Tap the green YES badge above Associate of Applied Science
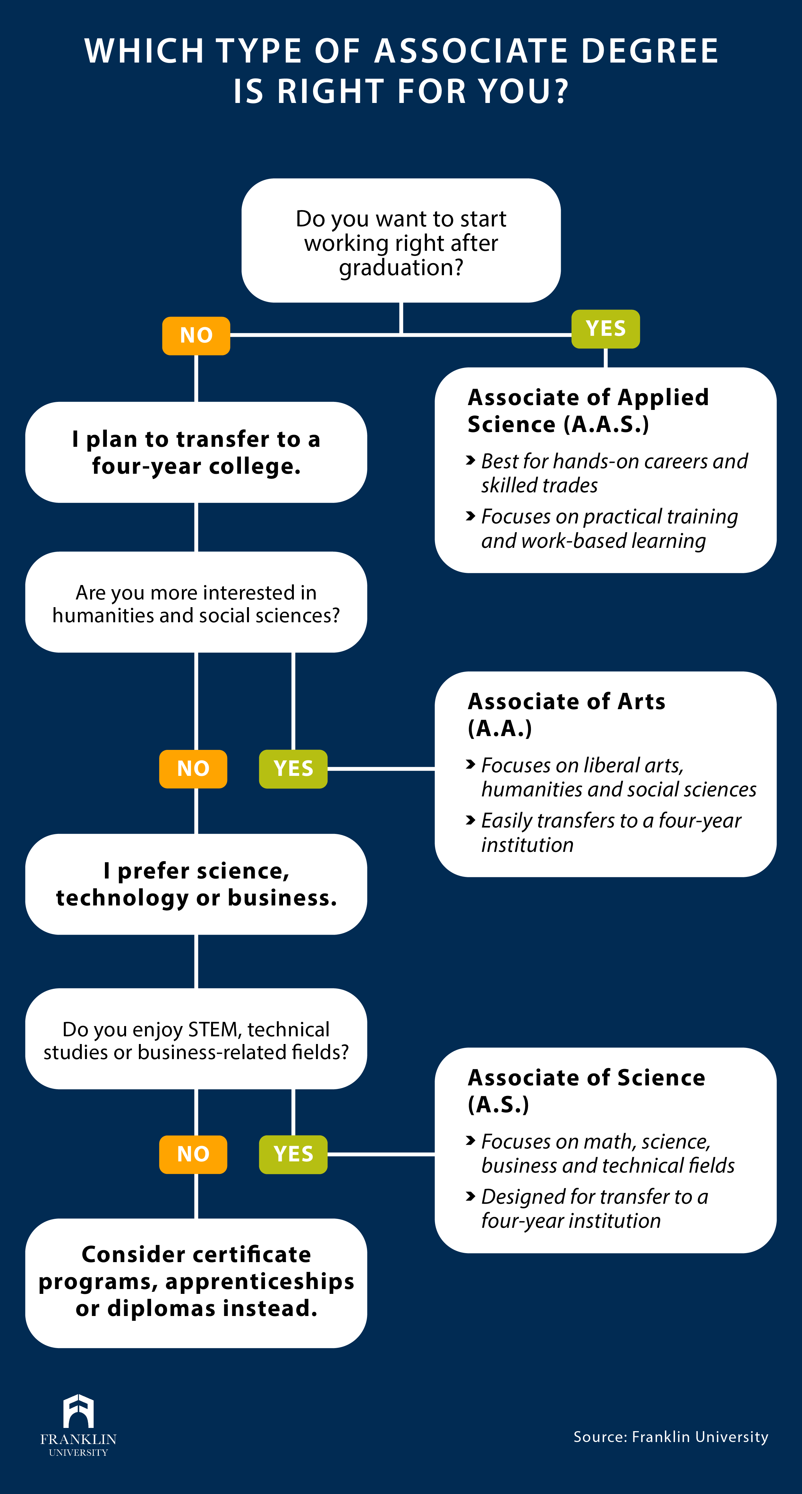point(605,329)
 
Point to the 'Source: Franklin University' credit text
point(670,1437)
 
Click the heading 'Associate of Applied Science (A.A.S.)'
point(588,411)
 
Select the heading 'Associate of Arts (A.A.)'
point(566,715)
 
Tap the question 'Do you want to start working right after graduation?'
point(401,242)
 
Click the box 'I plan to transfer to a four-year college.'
point(196,452)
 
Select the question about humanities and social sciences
point(196,603)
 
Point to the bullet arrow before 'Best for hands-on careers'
point(471,461)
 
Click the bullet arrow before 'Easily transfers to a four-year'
point(471,820)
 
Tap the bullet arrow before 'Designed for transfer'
point(471,1196)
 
